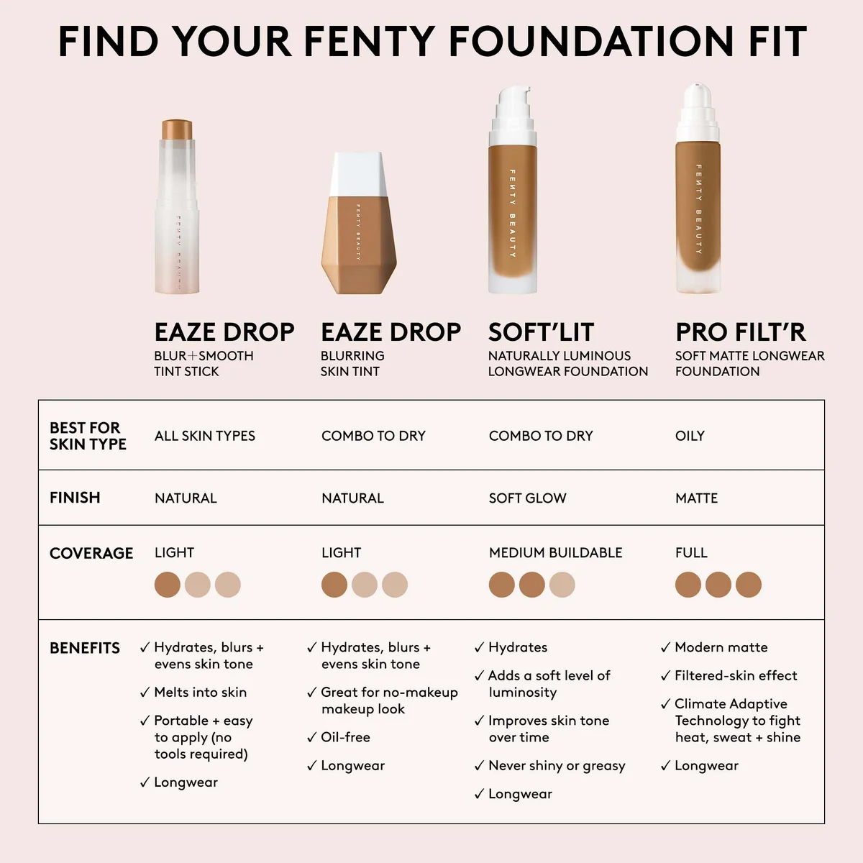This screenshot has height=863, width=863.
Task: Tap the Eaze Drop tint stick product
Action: point(177,209)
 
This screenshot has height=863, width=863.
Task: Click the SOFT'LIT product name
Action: point(541,332)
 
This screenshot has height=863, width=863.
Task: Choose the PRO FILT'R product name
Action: point(740,332)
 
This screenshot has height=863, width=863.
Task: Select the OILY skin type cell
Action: point(690,436)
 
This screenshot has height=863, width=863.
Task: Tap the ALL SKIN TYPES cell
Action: point(205,436)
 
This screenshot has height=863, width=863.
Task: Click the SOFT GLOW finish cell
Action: point(527,498)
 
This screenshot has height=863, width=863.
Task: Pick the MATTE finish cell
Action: point(696,498)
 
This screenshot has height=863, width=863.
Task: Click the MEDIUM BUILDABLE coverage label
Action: point(555,553)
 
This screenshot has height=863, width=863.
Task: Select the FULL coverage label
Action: point(691,553)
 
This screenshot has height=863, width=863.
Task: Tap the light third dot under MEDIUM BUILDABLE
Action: point(562,585)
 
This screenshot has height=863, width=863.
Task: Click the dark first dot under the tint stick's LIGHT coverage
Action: point(168,585)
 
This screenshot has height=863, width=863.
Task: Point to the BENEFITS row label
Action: point(85,648)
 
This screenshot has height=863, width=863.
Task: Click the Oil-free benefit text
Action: point(345,737)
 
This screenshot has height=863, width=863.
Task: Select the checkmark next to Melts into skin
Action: point(145,693)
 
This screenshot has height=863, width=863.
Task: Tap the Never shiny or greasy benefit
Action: point(557,766)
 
